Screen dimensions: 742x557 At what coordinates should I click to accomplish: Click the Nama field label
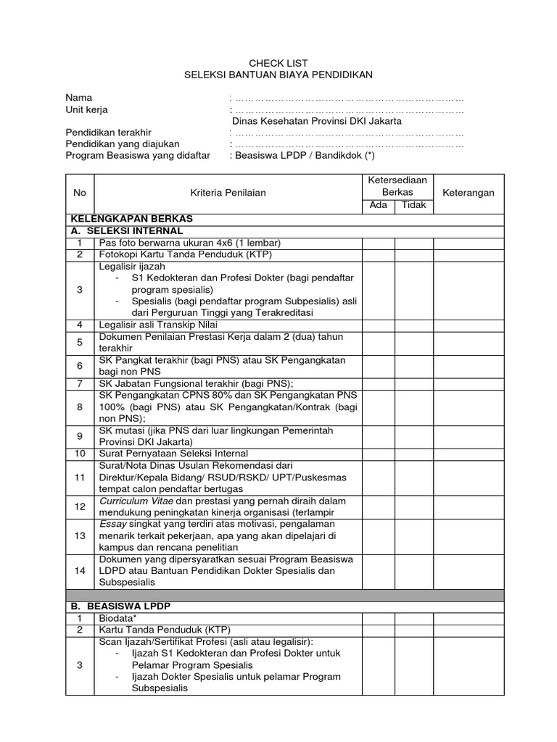click(x=79, y=98)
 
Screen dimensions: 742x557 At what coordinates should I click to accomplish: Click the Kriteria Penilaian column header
click(x=228, y=192)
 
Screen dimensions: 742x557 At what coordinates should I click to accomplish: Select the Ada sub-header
click(x=379, y=205)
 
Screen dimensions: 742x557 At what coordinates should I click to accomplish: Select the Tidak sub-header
click(x=414, y=205)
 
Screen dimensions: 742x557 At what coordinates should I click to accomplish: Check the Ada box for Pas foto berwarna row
click(x=379, y=242)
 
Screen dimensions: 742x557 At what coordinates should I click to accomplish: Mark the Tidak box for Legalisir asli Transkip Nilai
click(x=414, y=325)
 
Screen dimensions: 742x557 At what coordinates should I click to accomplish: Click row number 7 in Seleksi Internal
click(x=80, y=383)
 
